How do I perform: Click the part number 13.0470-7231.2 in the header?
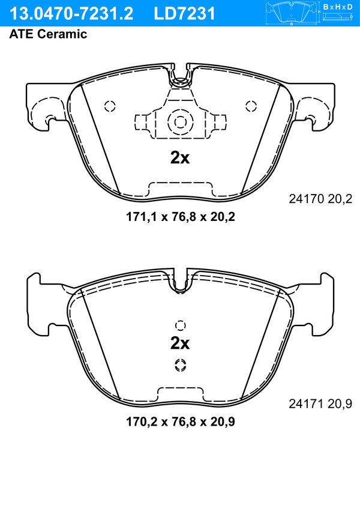tap(71, 13)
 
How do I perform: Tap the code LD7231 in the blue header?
tap(184, 13)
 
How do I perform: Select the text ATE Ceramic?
tap(48, 34)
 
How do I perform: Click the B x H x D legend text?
tap(338, 7)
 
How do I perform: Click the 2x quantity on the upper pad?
tap(180, 158)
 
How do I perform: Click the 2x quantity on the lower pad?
tap(180, 343)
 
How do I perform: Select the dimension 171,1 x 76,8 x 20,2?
tap(181, 217)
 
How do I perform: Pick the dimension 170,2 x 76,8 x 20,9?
tap(181, 422)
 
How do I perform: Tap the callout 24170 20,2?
tap(320, 199)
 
